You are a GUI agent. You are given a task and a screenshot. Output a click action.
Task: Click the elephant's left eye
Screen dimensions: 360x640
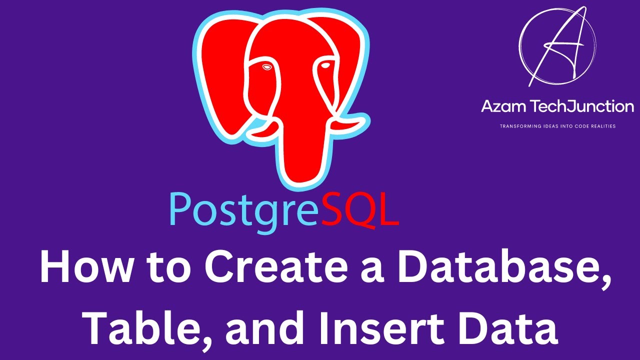pos(266,66)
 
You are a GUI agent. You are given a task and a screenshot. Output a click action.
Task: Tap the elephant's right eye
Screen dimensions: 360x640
pos(326,65)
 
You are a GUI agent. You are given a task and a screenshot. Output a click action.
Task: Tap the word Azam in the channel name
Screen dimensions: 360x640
pos(503,106)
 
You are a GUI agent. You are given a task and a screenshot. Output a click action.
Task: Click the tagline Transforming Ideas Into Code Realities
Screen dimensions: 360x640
pos(557,126)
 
